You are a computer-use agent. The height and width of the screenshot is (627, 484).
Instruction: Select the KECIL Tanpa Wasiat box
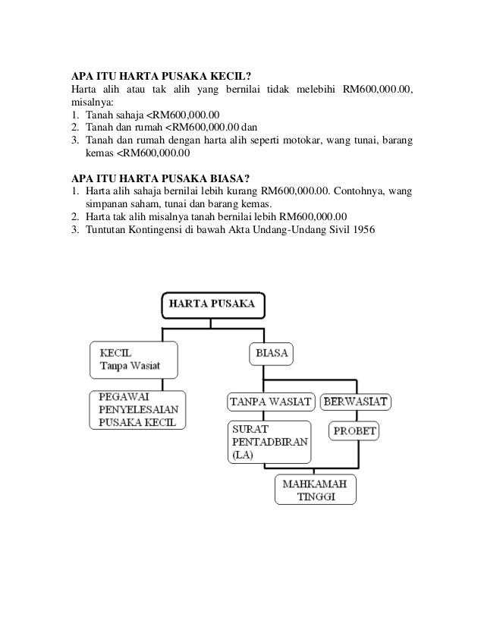[x=134, y=360]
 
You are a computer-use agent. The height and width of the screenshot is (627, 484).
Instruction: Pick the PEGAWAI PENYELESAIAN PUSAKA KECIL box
[x=137, y=410]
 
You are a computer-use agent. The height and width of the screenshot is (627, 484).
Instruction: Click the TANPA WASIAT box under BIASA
[x=271, y=400]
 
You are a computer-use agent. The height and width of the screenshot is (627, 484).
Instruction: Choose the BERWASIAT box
[x=356, y=400]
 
